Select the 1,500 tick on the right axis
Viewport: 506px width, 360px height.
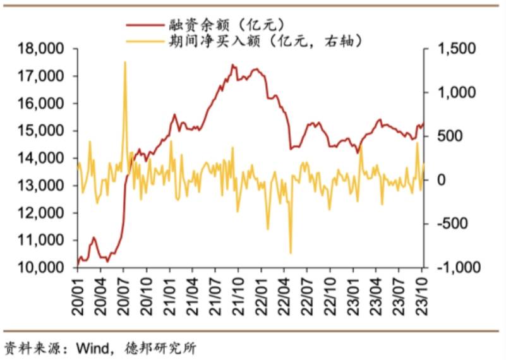click(x=450, y=49)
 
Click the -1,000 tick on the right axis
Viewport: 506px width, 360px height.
click(x=450, y=268)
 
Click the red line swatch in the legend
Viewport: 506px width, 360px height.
click(x=144, y=24)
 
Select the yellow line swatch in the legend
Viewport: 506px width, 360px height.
click(x=144, y=42)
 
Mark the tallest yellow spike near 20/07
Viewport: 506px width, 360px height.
click(x=124, y=62)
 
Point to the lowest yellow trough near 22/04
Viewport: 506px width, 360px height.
click(x=291, y=253)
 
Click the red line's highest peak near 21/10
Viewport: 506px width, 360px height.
click(x=232, y=65)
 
